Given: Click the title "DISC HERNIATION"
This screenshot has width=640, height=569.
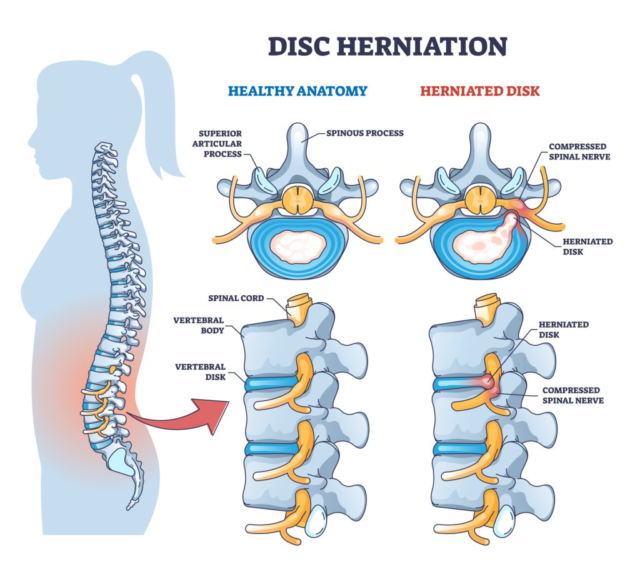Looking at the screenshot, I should click(x=387, y=47).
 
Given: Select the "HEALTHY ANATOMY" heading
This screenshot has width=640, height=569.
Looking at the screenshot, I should click(x=297, y=91).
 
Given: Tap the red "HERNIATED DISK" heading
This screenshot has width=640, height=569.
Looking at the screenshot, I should click(x=479, y=91).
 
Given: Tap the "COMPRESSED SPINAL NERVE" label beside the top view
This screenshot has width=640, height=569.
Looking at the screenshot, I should click(x=578, y=152).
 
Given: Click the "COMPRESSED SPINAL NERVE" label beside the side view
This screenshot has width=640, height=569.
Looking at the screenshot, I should click(x=572, y=395).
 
